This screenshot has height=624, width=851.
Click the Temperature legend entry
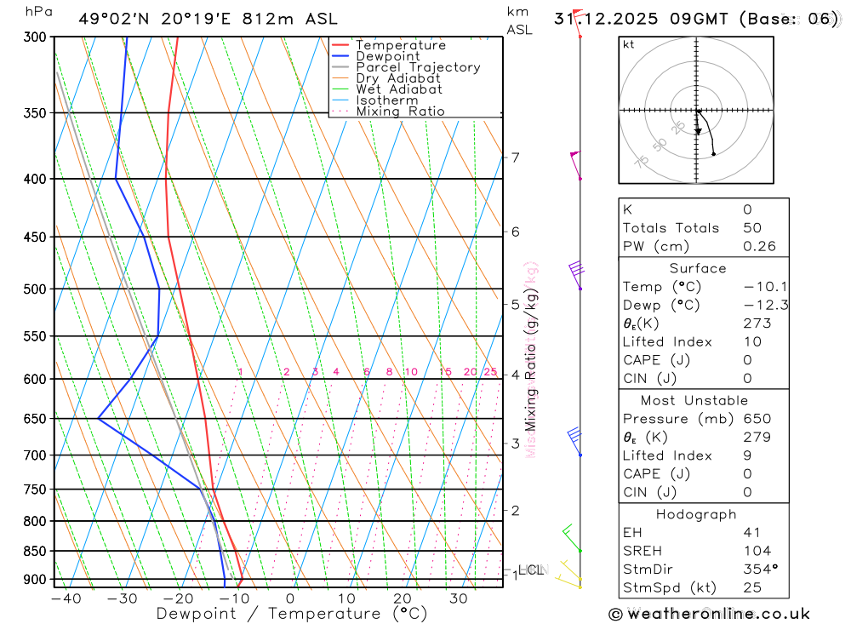(400, 45)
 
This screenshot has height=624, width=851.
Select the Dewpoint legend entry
(387, 56)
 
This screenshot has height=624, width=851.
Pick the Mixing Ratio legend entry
(400, 111)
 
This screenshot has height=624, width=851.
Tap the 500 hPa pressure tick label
(35, 289)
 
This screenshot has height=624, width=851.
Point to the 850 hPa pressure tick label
(35, 552)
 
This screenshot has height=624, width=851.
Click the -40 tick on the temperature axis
(66, 598)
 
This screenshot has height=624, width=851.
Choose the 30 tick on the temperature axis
(458, 598)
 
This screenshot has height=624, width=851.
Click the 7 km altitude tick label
(515, 157)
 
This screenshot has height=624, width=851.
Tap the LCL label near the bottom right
(531, 569)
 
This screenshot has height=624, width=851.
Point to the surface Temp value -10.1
(759, 287)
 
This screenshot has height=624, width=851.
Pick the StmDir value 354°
(758, 570)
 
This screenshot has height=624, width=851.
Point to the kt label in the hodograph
(629, 45)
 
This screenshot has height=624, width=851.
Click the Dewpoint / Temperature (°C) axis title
(291, 614)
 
